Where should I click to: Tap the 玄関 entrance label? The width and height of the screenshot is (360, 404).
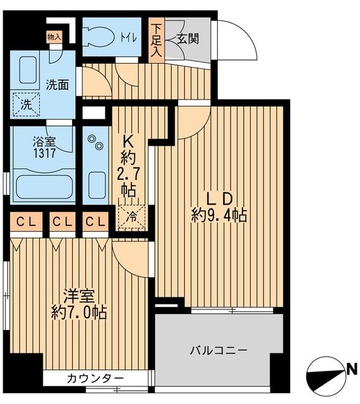click(x=188, y=39)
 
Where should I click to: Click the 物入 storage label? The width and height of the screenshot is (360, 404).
click(x=54, y=37)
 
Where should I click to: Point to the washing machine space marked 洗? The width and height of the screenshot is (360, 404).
click(x=25, y=104)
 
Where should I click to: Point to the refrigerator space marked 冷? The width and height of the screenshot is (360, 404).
click(x=132, y=217)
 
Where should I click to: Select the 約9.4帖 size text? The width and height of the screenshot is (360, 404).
click(x=219, y=215)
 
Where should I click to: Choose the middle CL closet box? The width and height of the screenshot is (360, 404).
click(x=62, y=222)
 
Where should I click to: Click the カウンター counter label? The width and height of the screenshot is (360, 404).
click(x=95, y=378)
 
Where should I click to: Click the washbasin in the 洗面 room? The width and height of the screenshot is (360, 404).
click(x=29, y=71)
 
